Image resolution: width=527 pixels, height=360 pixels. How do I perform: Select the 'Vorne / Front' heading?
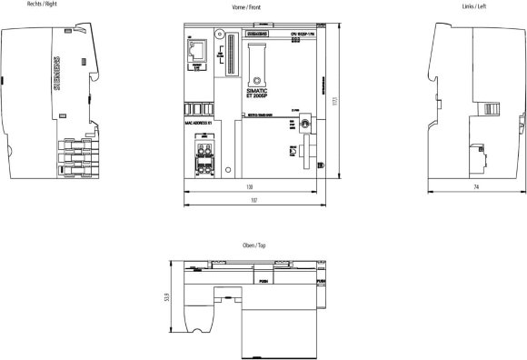point(252,6)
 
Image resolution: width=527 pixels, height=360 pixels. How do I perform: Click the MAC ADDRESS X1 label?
point(197,120)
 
